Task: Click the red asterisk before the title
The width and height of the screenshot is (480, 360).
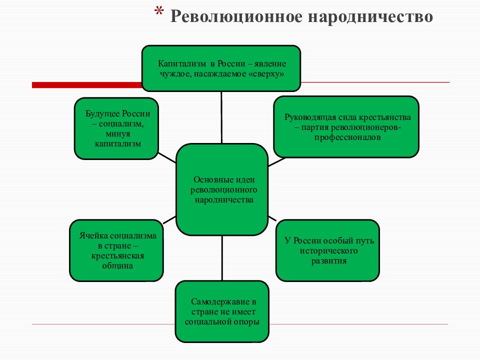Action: tap(159, 12)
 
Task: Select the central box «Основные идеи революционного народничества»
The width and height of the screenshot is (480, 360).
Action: tap(222, 189)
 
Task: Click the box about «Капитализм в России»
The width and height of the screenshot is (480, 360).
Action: tap(221, 68)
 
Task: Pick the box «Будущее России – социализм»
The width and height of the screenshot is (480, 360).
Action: tap(116, 128)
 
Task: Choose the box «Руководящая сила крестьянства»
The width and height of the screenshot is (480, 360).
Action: tap(346, 127)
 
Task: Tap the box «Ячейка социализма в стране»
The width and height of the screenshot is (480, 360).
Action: tap(116, 250)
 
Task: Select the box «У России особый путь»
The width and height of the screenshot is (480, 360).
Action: tap(328, 250)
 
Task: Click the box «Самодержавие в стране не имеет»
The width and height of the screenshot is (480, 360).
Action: tap(222, 311)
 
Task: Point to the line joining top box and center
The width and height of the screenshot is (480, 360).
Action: tap(221, 117)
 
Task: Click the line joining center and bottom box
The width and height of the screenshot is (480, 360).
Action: tap(222, 258)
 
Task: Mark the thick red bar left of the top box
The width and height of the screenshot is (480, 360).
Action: tap(87, 85)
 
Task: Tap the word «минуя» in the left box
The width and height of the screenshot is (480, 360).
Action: tap(118, 134)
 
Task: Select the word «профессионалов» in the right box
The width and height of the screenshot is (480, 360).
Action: tap(347, 137)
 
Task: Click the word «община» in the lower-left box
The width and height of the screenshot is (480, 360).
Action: tap(117, 265)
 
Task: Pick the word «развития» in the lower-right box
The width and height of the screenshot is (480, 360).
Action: tap(329, 261)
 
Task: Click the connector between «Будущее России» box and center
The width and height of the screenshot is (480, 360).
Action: tap(167, 157)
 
